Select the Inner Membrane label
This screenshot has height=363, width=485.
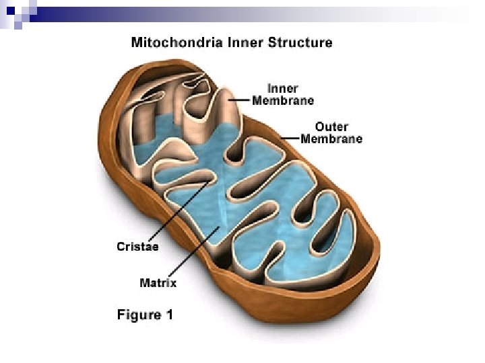283,95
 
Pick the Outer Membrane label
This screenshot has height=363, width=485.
331,132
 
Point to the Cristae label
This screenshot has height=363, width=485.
137,247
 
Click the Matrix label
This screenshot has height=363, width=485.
158,283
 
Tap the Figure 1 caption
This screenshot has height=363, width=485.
139,315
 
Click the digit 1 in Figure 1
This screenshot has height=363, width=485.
169,315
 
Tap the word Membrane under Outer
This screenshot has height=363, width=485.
331,139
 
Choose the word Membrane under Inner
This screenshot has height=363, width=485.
283,101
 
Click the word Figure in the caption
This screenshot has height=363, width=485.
133,315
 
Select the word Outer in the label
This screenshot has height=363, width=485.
331,126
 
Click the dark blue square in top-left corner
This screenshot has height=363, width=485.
8,8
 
